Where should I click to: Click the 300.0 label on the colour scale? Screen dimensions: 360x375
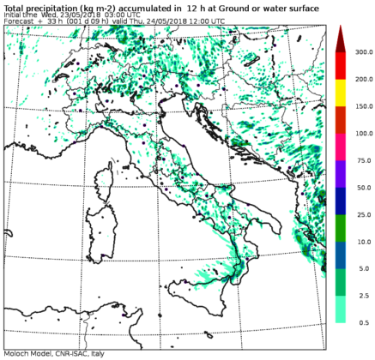361,51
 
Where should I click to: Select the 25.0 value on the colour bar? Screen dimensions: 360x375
360,213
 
